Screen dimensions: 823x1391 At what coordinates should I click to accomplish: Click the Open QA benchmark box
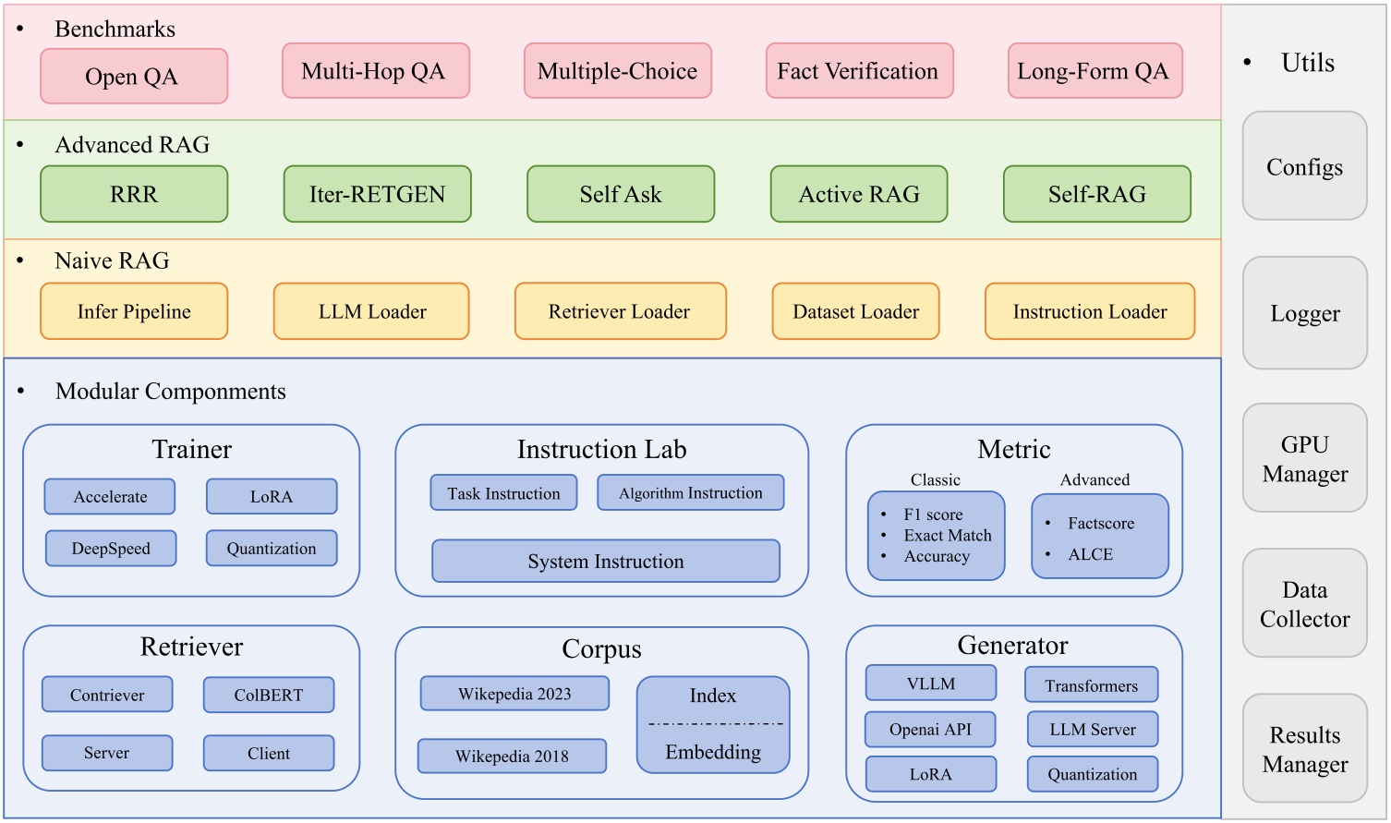[x=134, y=77]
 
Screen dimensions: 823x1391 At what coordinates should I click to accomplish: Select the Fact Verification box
[x=859, y=71]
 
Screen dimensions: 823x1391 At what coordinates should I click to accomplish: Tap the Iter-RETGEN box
[x=377, y=194]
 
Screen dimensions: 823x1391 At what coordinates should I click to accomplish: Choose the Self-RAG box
[x=1096, y=194]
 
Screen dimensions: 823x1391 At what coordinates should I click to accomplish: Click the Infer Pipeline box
[x=134, y=311]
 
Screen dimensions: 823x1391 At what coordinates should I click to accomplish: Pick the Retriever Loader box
[x=620, y=311]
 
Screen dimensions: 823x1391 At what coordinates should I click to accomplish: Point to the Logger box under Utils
[x=1304, y=313]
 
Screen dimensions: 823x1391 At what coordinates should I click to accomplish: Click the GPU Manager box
[x=1304, y=458]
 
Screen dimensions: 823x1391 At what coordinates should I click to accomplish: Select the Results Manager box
[x=1304, y=749]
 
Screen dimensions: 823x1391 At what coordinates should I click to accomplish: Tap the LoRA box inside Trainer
[x=272, y=496]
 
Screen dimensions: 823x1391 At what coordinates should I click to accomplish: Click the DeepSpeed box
[x=111, y=548]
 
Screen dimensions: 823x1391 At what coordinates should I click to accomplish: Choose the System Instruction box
[x=606, y=562]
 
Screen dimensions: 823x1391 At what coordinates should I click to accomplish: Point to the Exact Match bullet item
[x=947, y=536]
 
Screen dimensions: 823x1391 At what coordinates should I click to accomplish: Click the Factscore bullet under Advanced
[x=1100, y=524]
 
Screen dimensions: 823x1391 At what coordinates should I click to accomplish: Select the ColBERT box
[x=268, y=696]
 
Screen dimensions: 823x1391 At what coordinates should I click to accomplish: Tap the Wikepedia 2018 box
[x=512, y=756]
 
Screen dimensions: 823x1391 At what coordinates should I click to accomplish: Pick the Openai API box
[x=930, y=729]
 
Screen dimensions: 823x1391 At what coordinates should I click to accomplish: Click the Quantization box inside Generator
[x=1092, y=774]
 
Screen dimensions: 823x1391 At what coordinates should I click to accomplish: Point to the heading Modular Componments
[x=170, y=392]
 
